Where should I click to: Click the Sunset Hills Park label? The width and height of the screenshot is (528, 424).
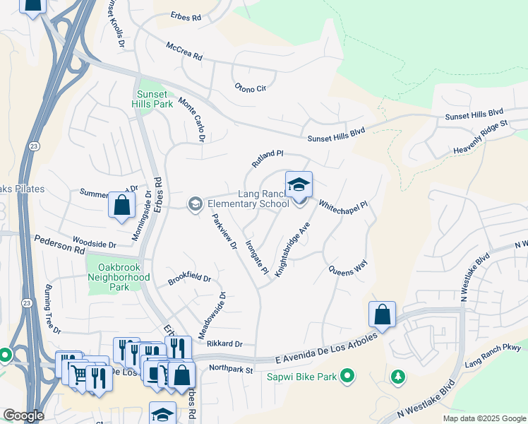[154, 99]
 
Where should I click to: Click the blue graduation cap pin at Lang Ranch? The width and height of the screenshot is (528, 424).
[299, 186]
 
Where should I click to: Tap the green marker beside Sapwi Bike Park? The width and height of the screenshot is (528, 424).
[347, 376]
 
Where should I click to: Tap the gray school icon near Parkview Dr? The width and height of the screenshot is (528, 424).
[194, 204]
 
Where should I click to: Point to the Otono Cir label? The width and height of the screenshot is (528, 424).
[251, 88]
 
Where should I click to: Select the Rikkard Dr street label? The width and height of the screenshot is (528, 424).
[224, 344]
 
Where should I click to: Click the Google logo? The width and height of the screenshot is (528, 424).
[23, 416]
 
